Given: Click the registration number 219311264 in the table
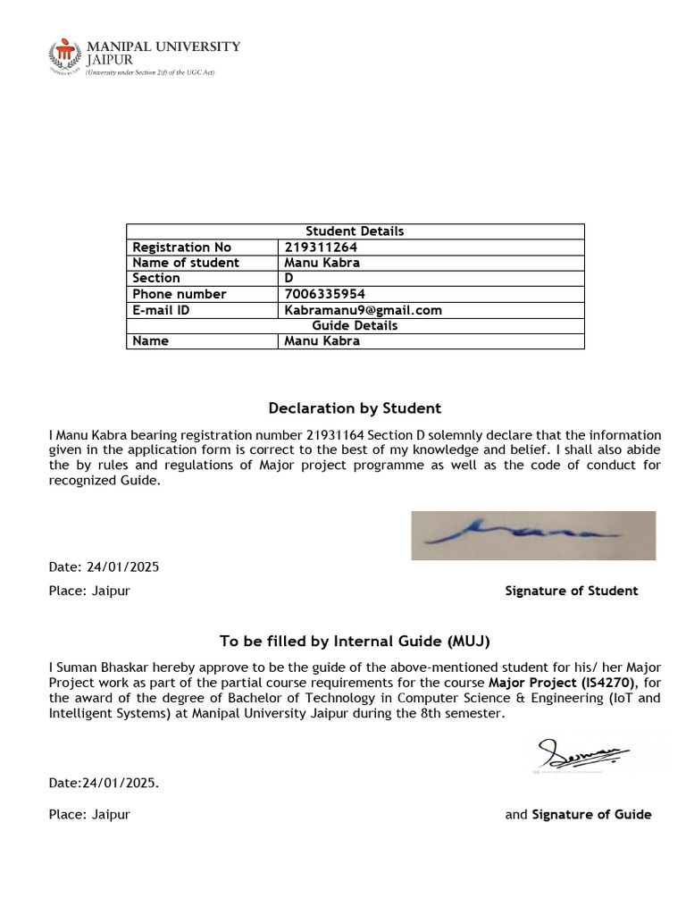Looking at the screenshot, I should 322,248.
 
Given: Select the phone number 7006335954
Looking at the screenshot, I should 324,294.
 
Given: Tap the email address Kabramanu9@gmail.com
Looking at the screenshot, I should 363,310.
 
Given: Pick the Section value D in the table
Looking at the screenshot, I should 289,279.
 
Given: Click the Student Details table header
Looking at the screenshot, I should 355,231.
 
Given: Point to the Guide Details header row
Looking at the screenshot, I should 355,325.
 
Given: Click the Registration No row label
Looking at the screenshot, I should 181,248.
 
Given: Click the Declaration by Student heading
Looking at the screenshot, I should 355,408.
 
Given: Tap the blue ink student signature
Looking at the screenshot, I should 532,534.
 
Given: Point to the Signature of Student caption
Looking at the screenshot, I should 571,591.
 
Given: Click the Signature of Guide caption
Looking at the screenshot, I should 591,814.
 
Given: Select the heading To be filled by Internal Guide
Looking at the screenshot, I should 355,642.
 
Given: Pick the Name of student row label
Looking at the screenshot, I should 186,263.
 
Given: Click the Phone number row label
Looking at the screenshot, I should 179,294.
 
